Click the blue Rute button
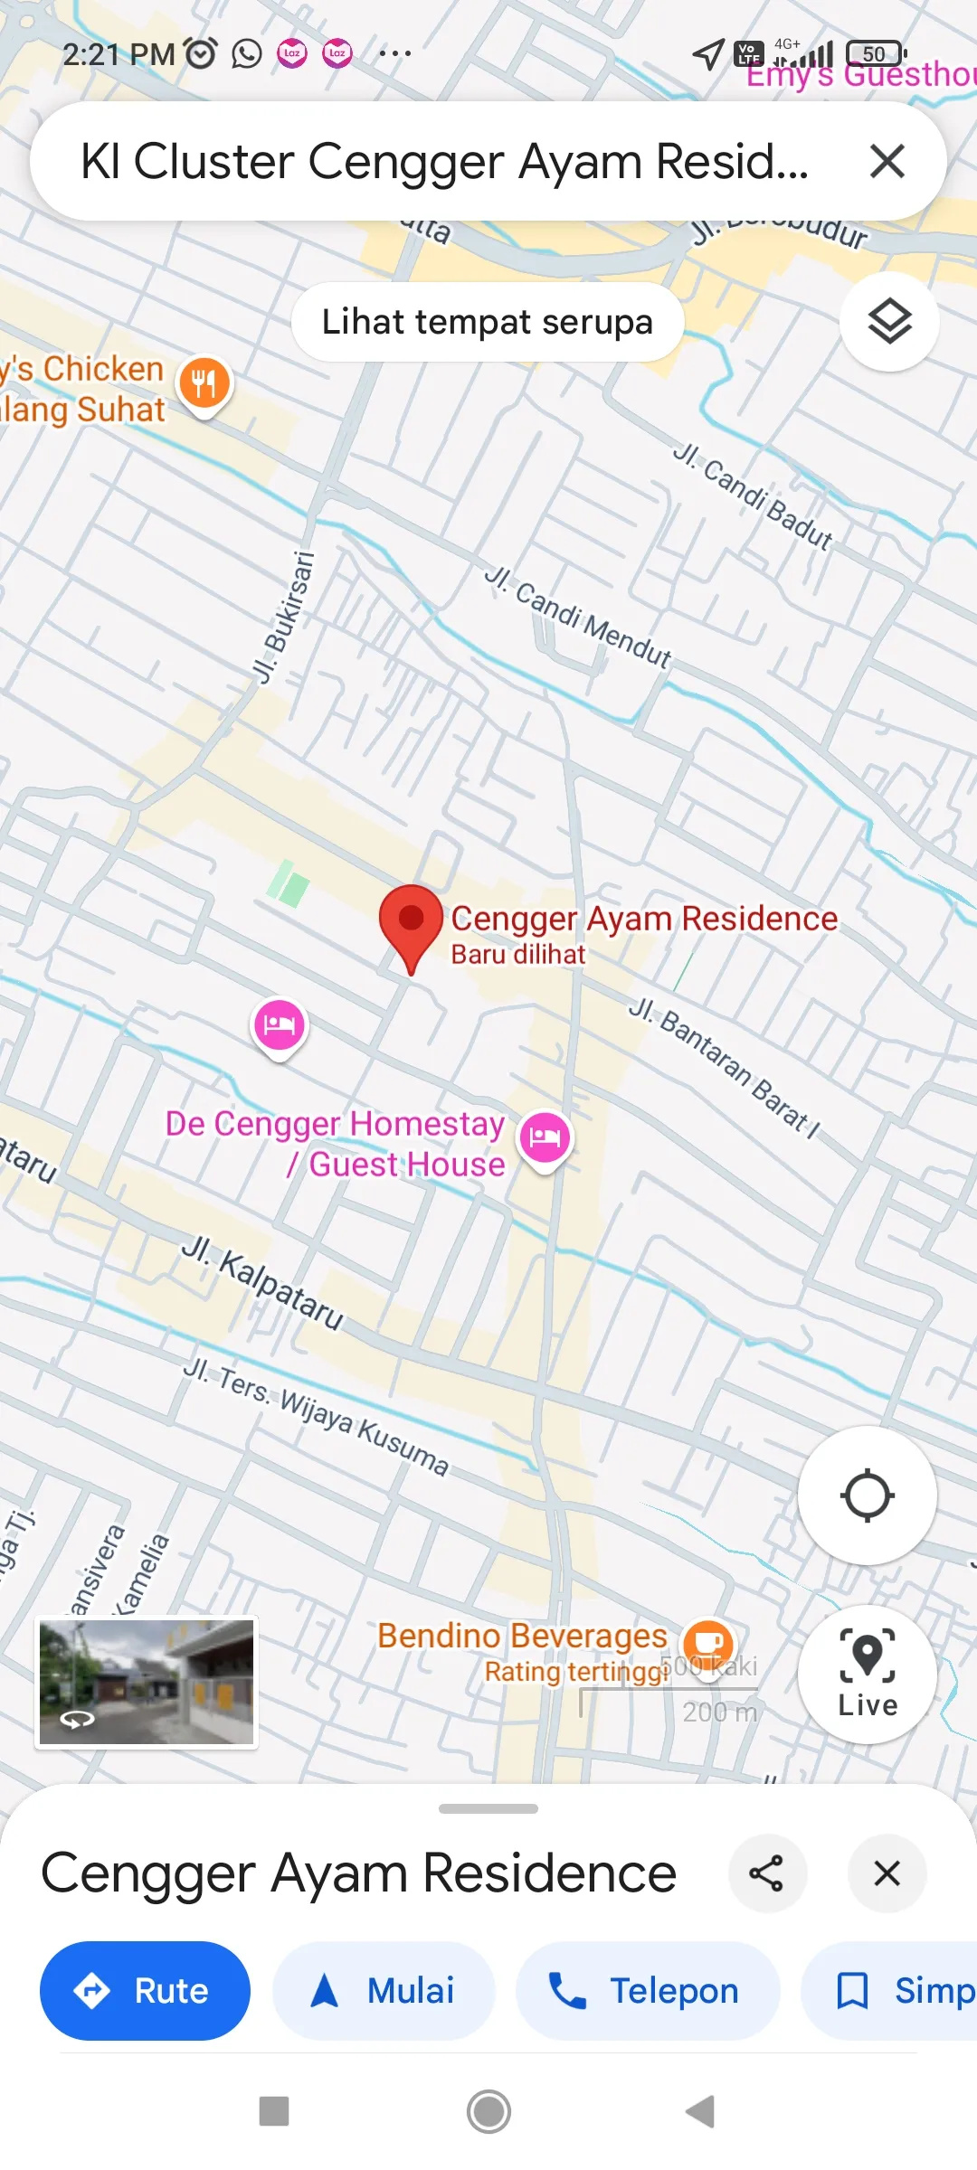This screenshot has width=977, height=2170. (x=145, y=1991)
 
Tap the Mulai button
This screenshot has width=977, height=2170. (x=384, y=1991)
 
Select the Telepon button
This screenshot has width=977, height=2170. (x=647, y=1991)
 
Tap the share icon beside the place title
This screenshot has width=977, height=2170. (x=767, y=1873)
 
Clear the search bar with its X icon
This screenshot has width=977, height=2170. (x=887, y=162)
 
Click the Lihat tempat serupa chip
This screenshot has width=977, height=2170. (x=488, y=322)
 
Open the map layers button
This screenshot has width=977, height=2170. (x=889, y=322)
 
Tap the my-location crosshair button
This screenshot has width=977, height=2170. (x=867, y=1495)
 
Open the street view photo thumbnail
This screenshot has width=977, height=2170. (x=147, y=1682)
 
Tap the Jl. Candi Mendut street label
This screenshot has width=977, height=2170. (x=579, y=617)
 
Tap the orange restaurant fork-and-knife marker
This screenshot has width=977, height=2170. (x=205, y=383)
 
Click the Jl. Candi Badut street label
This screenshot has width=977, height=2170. (x=753, y=495)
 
